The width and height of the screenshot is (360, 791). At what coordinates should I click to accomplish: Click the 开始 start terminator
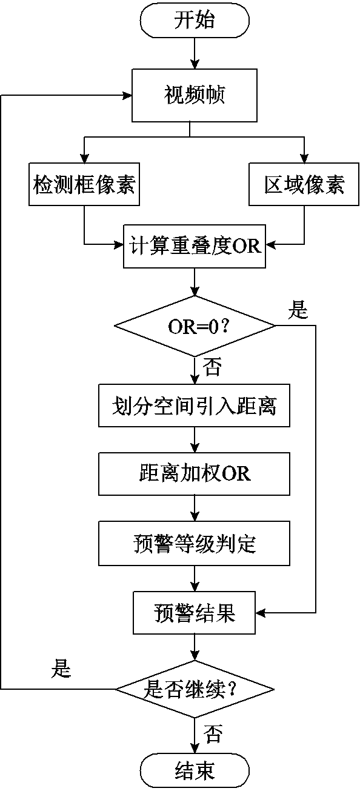pyautogui.click(x=194, y=21)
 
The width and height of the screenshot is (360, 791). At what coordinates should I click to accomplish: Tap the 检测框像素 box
pyautogui.click(x=84, y=185)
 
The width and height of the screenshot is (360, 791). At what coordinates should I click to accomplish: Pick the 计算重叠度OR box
pyautogui.click(x=194, y=246)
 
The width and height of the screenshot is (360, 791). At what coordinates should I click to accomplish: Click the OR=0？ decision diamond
pyautogui.click(x=194, y=325)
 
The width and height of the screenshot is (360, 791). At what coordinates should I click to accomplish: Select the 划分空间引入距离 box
pyautogui.click(x=194, y=406)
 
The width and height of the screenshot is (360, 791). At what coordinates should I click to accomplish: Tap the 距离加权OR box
pyautogui.click(x=194, y=474)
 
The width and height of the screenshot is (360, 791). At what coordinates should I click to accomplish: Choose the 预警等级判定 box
pyautogui.click(x=194, y=544)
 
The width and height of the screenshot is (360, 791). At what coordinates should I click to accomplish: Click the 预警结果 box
pyautogui.click(x=194, y=613)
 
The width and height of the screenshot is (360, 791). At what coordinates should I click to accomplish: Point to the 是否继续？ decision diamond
pyautogui.click(x=194, y=689)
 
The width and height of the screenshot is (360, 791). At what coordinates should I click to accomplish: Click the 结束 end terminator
pyautogui.click(x=194, y=771)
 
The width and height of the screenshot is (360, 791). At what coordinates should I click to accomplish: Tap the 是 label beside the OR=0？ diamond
pyautogui.click(x=298, y=312)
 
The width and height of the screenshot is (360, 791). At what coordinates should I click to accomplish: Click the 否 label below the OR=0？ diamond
pyautogui.click(x=212, y=367)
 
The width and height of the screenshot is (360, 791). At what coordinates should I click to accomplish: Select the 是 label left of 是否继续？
pyautogui.click(x=61, y=669)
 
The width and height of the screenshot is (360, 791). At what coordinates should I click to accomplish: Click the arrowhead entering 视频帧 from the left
pyautogui.click(x=128, y=96)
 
